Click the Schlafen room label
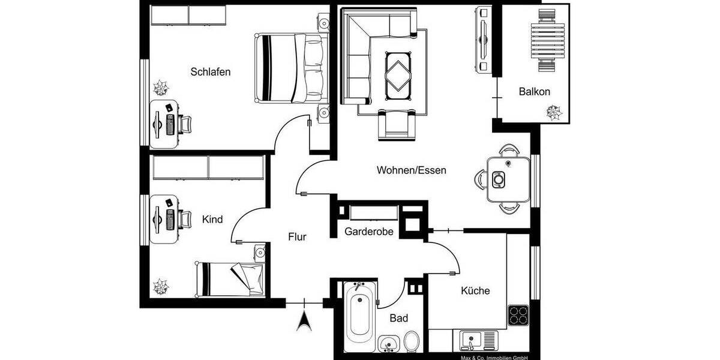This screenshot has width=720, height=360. point(211,72)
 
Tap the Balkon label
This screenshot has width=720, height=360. point(534,92)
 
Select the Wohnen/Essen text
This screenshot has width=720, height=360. point(412,170)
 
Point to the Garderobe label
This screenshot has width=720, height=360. point(369,232)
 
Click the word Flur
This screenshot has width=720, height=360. point(297,237)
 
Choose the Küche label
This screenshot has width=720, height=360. point(475,291)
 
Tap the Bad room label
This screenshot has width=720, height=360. point(399,318)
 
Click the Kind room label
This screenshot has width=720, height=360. point(212,220)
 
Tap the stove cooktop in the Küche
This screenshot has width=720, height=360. point(518,315)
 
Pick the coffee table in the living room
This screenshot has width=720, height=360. point(398,73)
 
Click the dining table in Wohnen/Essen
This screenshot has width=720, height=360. point(508,179)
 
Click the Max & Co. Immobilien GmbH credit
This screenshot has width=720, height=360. point(494,357)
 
